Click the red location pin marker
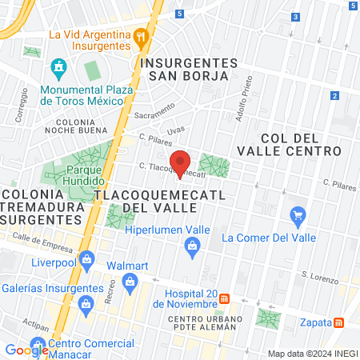[180, 162]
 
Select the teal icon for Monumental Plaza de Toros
[58, 65]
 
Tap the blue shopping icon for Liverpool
[87, 258]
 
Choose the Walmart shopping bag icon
[127, 281]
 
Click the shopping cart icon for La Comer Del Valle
[298, 214]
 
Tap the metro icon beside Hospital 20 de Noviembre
[226, 298]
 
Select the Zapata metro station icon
[339, 322]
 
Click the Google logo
[26, 350]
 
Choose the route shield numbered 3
[296, 17]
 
